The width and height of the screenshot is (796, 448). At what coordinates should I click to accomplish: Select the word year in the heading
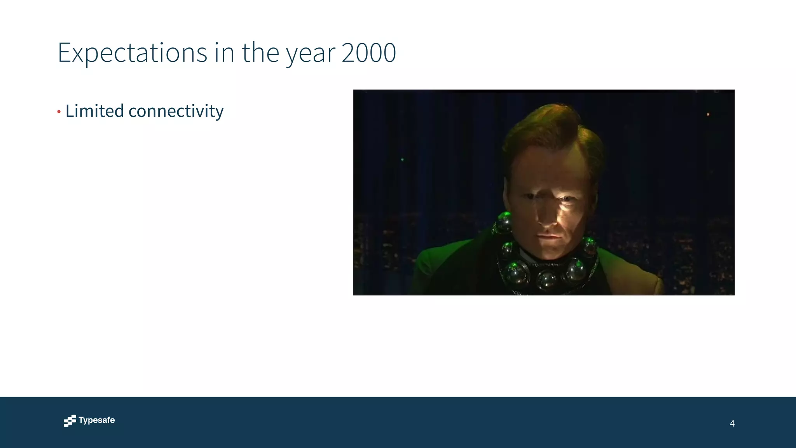pyautogui.click(x=311, y=54)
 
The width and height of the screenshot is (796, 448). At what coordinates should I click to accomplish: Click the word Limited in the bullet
pyautogui.click(x=94, y=111)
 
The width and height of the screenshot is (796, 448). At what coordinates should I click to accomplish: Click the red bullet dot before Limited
pyautogui.click(x=59, y=112)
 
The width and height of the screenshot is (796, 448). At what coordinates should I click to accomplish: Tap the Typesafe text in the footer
pyautogui.click(x=96, y=420)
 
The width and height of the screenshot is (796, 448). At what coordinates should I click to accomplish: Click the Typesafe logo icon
pyautogui.click(x=70, y=421)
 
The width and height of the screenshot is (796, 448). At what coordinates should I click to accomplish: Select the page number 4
pyautogui.click(x=732, y=423)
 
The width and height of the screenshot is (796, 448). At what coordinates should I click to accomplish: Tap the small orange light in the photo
pyautogui.click(x=708, y=114)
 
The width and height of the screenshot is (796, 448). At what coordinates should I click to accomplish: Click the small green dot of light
pyautogui.click(x=402, y=159)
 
